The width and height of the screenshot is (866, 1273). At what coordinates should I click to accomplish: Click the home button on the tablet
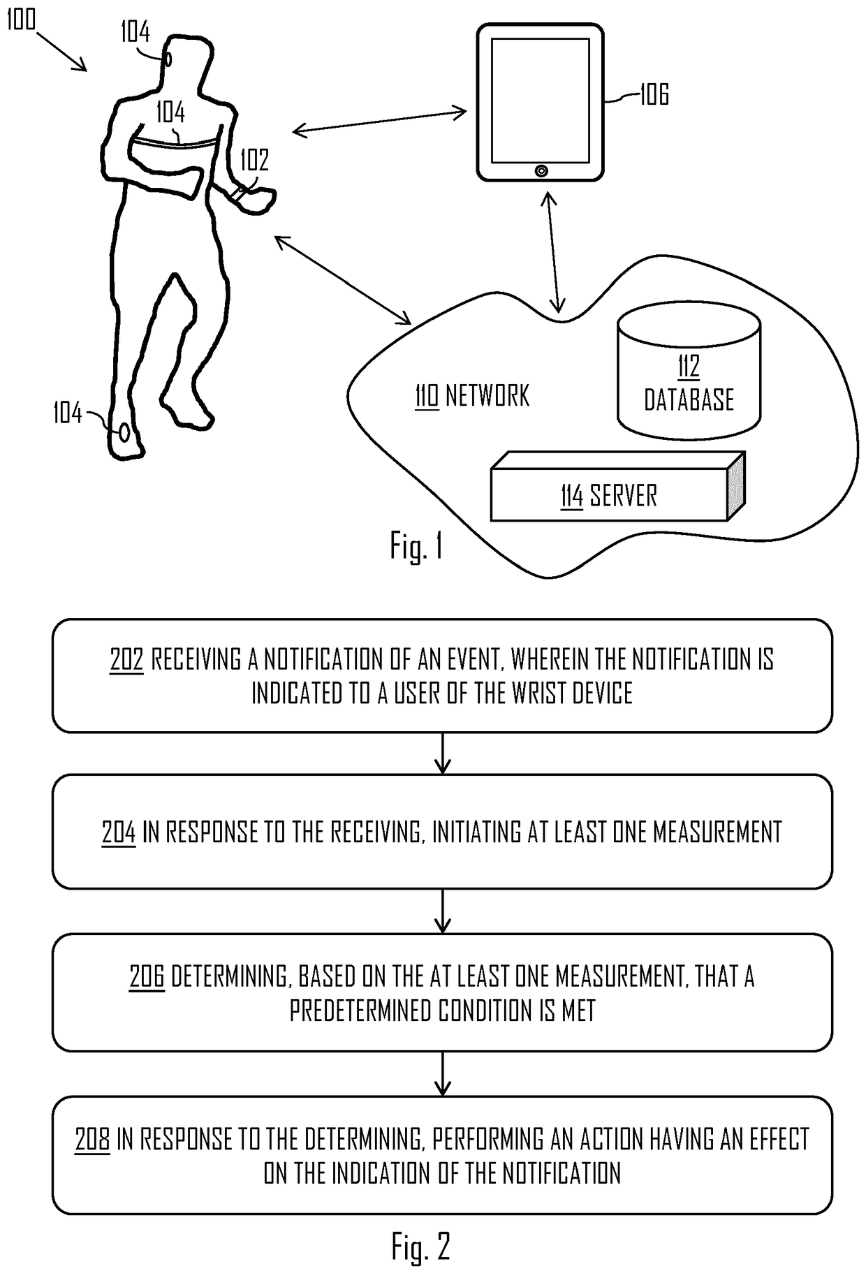(x=541, y=170)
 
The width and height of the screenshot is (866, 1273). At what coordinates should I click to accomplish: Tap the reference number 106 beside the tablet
(x=654, y=94)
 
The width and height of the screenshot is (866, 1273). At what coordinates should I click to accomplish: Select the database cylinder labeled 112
(x=689, y=381)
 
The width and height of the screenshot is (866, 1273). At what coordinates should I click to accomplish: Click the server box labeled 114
(x=610, y=496)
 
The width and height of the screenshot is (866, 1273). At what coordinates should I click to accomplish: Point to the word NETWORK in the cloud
(x=487, y=396)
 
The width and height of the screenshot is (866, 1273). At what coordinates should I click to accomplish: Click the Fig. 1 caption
(x=416, y=547)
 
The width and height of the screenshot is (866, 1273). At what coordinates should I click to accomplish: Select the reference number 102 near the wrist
(x=254, y=160)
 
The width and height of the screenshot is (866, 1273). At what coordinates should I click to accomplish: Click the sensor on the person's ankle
(x=124, y=432)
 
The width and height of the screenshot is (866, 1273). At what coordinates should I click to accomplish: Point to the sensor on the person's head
(x=168, y=59)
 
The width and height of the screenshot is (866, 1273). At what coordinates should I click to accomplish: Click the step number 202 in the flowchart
(x=126, y=659)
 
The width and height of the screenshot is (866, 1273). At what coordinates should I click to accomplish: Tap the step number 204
(x=119, y=832)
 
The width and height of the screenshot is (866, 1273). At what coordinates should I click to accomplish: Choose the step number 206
(x=147, y=976)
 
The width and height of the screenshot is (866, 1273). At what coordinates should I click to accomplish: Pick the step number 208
(x=92, y=1139)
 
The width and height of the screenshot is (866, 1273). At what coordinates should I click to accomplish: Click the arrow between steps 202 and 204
(x=443, y=753)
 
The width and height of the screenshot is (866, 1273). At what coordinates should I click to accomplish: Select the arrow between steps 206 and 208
(x=443, y=1074)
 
